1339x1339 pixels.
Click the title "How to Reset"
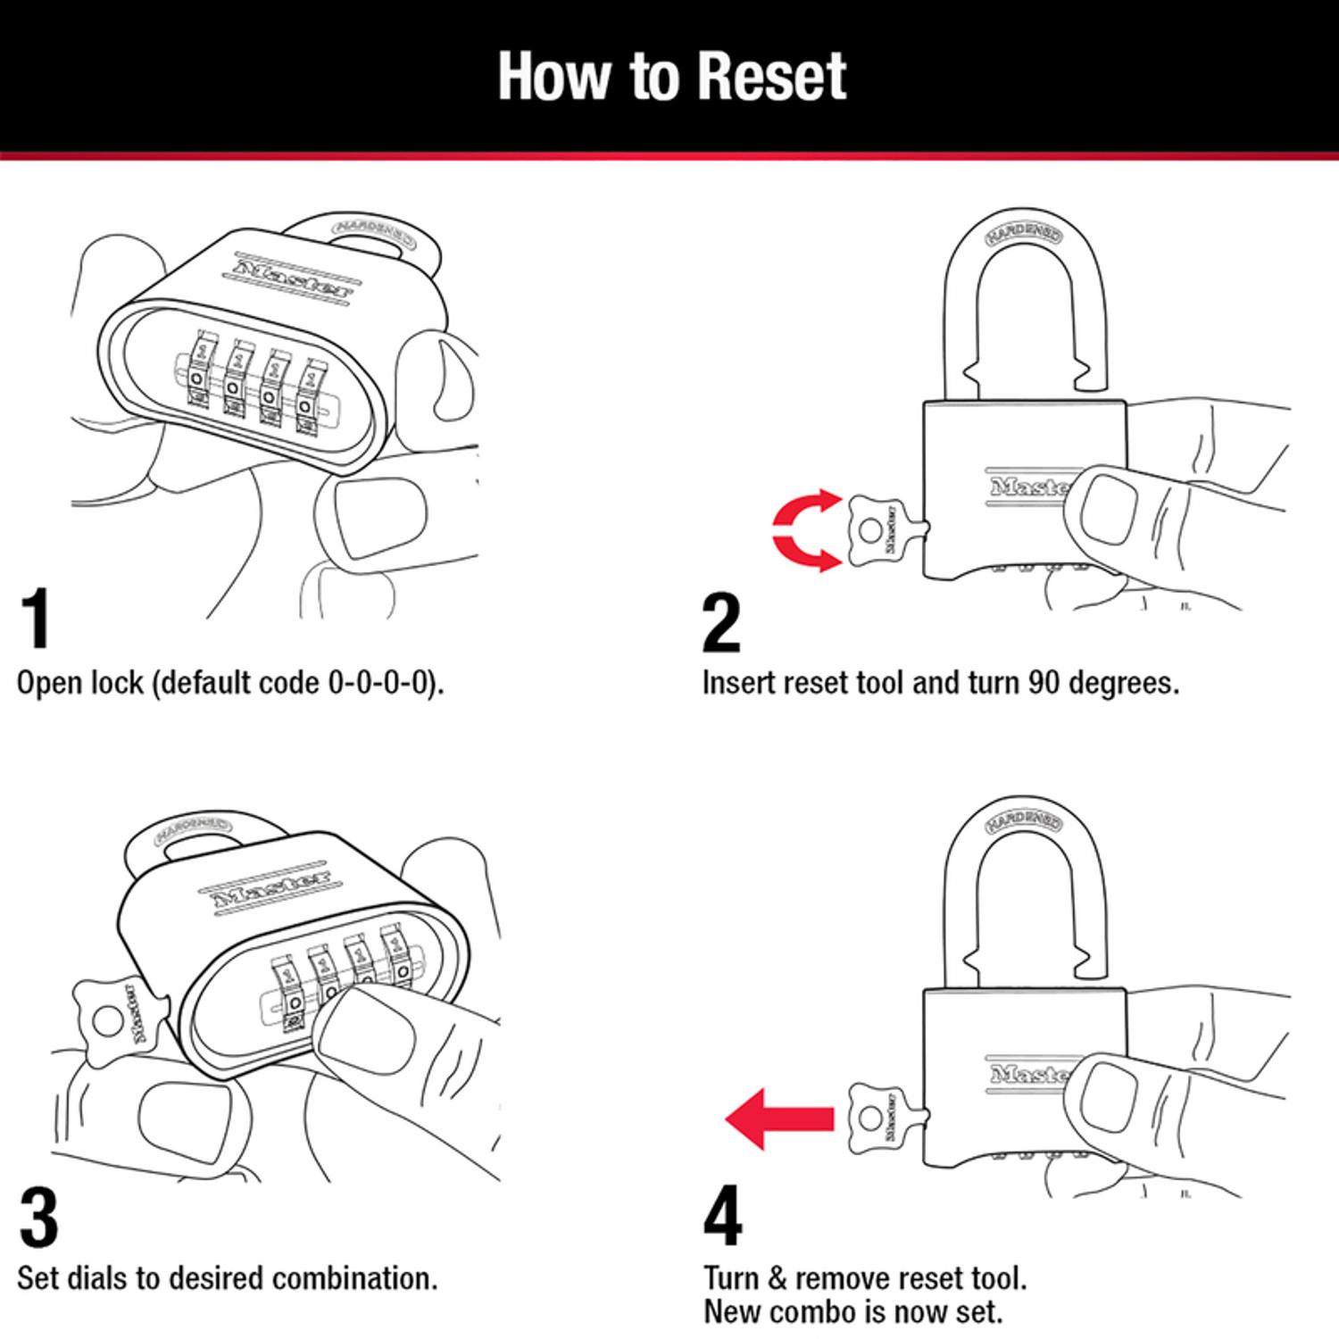coord(671,76)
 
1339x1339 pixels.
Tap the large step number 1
coord(36,620)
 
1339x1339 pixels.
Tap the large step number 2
coord(721,623)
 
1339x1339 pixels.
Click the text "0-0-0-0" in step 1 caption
coord(383,683)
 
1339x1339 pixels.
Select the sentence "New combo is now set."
coord(852,1311)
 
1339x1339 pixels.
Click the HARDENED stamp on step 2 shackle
coord(1024,235)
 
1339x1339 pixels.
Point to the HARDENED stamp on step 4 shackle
coord(1024,822)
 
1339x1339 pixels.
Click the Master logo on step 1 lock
coord(293,279)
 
